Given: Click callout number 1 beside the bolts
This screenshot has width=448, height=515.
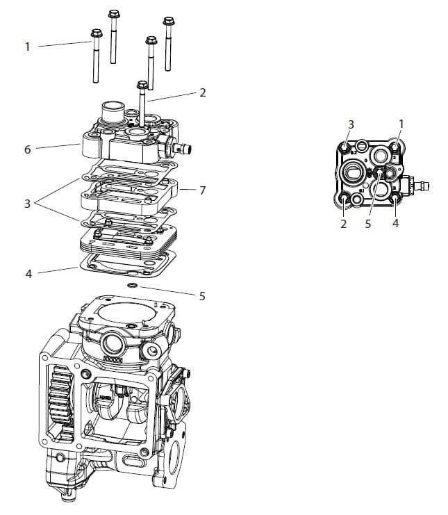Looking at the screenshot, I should coord(27,47).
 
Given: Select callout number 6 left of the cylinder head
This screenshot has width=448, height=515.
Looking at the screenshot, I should coord(27,149).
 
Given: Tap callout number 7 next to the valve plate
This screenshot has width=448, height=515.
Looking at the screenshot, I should coord(202,190).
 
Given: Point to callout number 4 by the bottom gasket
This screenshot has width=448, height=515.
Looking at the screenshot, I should coord(28,274).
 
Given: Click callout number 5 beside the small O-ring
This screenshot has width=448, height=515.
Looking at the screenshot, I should coord(202,295).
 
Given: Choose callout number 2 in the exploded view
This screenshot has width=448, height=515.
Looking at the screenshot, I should coord(202,92).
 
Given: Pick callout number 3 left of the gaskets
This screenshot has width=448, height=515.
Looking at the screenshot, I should coord(27,204).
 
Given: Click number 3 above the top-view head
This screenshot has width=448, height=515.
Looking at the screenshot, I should coord(351,124).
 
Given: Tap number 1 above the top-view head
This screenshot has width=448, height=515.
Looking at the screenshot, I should coord(401,124).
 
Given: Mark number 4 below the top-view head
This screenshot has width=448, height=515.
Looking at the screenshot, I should coord(395,224).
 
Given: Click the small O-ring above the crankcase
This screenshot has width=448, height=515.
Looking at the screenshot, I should coord(131,286).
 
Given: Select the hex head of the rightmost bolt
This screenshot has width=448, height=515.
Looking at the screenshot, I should coord(168,21).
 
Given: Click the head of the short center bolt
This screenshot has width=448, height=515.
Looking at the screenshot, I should coord(142,85).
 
